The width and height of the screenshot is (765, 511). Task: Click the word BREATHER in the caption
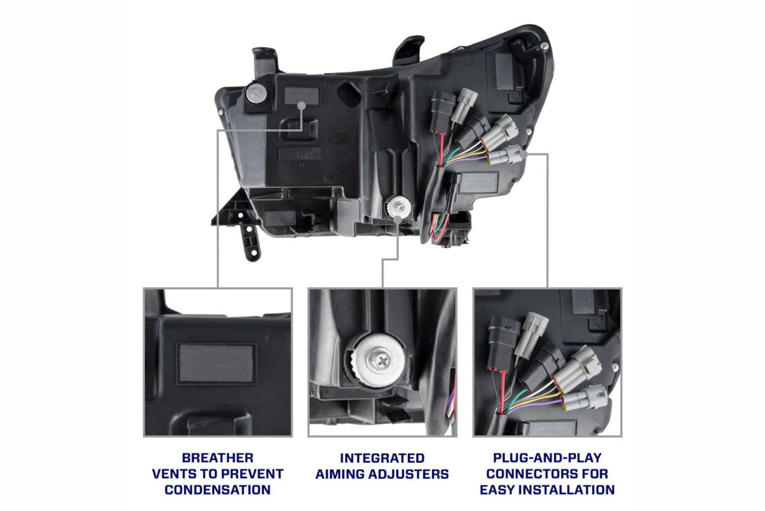tap(217, 458)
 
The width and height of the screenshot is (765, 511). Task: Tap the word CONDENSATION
tap(217, 490)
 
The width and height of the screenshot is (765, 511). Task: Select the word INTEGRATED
tap(381, 458)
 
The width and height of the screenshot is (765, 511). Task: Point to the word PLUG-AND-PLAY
tap(547, 458)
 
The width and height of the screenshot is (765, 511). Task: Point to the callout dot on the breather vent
tap(304, 105)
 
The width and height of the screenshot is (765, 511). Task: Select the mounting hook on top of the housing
tap(408, 50)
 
